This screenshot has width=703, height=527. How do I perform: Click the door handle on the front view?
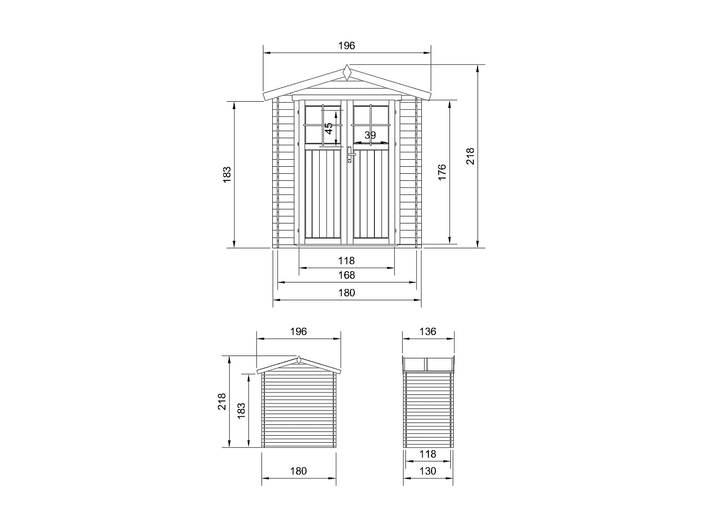(350, 154)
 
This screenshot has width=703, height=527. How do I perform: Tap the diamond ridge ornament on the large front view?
(346, 73)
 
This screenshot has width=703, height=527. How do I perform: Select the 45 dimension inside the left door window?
(329, 128)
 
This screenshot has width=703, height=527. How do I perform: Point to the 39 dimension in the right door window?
(370, 135)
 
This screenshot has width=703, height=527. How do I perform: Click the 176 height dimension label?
(442, 172)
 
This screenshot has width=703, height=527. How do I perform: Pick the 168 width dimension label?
(346, 275)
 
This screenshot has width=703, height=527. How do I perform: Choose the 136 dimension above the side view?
(427, 332)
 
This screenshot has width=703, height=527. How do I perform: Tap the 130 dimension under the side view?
(427, 471)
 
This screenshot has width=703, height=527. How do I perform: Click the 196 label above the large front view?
(346, 45)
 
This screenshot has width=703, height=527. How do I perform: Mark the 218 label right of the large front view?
(471, 156)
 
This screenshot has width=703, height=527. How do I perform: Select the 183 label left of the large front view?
(227, 174)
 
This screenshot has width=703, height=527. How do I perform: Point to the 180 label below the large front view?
(346, 293)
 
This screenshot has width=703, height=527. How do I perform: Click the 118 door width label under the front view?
(346, 260)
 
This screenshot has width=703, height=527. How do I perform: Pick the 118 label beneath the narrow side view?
(427, 454)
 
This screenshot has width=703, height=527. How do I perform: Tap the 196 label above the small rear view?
(298, 332)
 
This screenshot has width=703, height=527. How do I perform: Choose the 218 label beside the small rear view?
(222, 401)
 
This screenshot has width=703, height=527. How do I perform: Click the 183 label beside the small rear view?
(241, 410)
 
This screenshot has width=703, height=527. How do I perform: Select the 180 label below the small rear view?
(298, 471)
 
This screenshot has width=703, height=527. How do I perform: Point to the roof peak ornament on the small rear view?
(299, 360)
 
